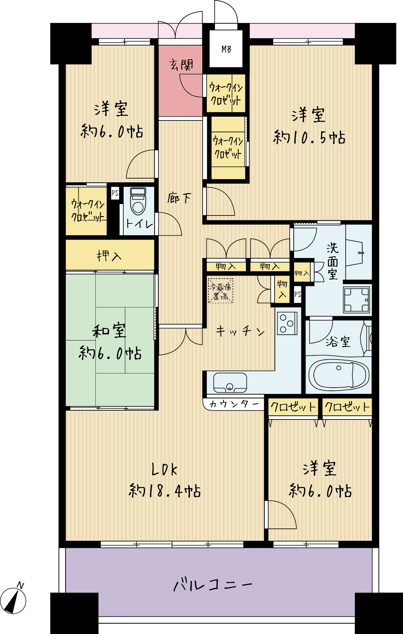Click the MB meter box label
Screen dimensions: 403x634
click(226, 49)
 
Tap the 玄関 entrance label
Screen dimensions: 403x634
click(181, 65)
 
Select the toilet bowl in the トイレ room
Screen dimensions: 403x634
click(138, 201)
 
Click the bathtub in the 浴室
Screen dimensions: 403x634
click(338, 375)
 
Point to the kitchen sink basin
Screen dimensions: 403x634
click(230, 383)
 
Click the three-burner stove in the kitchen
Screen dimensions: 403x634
click(287, 323)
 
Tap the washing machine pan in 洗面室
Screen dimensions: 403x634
click(356, 300)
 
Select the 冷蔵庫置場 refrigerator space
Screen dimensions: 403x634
click(220, 291)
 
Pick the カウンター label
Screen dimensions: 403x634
click(234, 404)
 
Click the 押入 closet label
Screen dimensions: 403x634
click(109, 256)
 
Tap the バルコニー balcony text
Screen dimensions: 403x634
click(212, 585)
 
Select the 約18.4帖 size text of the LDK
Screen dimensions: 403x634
click(165, 491)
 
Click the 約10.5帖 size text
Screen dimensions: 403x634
click(309, 137)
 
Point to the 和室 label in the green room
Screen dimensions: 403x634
click(109, 331)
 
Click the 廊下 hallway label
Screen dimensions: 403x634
click(179, 198)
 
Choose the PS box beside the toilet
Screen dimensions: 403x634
click(115, 193)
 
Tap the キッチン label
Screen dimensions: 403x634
click(241, 331)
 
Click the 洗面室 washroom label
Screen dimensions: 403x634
click(333, 261)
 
